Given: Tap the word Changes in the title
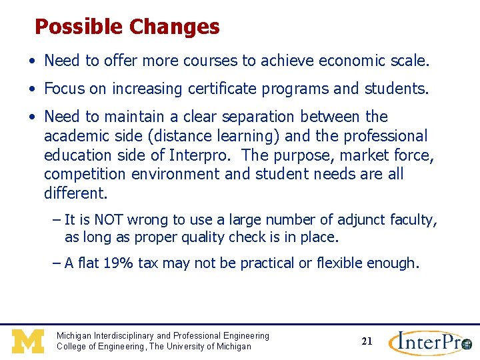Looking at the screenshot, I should click(174, 27).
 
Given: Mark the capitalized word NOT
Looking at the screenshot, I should click(109, 220).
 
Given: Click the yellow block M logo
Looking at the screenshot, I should click(28, 341).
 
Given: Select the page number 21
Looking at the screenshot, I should click(367, 341).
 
